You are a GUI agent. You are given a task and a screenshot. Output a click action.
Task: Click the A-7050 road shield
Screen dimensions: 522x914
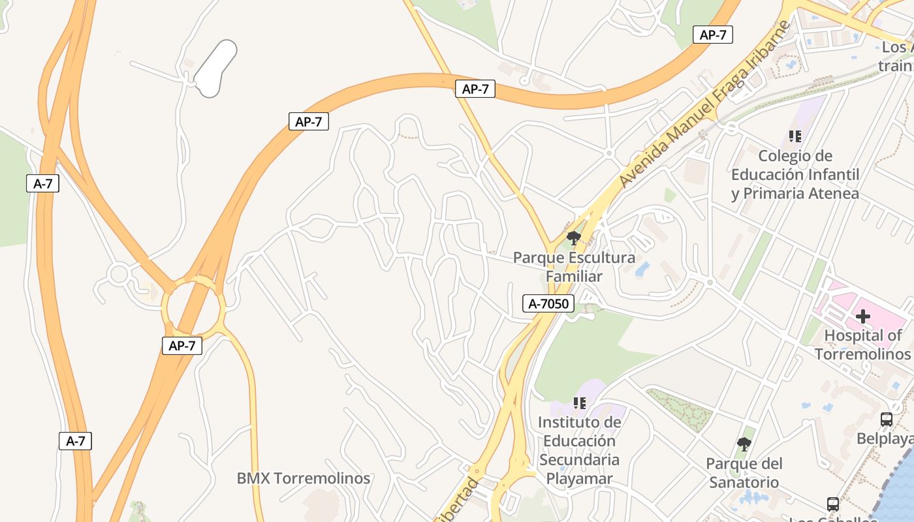[x=548, y=303]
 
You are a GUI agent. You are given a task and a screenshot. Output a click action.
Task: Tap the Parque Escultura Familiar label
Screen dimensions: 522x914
[x=574, y=267]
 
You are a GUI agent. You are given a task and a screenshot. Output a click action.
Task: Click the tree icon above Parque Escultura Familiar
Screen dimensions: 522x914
[x=574, y=238]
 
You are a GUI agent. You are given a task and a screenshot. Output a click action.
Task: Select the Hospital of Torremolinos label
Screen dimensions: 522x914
[x=862, y=345]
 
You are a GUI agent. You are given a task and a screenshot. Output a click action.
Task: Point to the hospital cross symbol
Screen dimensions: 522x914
[x=863, y=317]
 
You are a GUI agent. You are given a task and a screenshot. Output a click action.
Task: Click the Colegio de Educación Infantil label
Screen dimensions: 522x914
[x=795, y=175]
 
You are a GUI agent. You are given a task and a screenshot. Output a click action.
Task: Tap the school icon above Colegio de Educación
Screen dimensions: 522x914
[x=795, y=136]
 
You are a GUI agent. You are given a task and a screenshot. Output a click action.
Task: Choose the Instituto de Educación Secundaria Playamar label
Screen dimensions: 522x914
[x=579, y=450]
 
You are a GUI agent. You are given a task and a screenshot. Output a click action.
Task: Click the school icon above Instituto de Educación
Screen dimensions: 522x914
[x=579, y=403]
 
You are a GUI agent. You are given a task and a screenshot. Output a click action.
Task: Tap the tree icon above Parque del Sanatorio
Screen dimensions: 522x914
[x=744, y=445]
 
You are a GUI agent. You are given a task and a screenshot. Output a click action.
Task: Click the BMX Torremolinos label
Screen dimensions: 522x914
[x=303, y=478]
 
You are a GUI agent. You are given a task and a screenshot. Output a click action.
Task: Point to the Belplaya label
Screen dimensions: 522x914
[x=885, y=439]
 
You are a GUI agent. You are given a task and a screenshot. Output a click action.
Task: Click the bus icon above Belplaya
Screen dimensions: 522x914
[x=886, y=420]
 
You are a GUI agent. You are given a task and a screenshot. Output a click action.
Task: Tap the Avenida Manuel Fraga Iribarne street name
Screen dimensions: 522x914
[x=704, y=104]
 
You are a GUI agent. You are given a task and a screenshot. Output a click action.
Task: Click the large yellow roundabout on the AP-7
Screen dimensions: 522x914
[x=193, y=306]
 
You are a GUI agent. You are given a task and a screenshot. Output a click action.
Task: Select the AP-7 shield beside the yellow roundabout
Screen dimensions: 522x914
[x=182, y=346]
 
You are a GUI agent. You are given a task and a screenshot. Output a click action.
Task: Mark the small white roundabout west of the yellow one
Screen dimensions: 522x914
[x=118, y=274]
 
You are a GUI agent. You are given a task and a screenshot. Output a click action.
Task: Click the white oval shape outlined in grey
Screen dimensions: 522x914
[x=215, y=69]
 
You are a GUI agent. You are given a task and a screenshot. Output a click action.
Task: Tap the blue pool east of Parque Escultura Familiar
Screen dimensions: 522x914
[x=642, y=269]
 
